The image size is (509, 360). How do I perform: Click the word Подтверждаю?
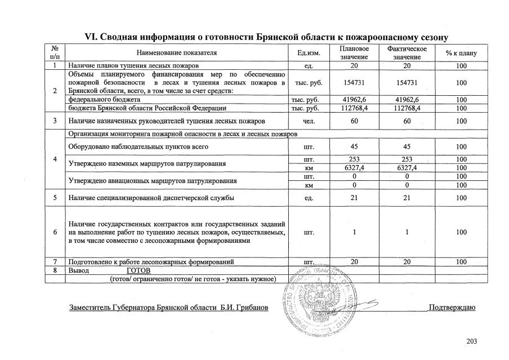[x=452, y=308]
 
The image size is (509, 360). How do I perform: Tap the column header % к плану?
[x=461, y=53]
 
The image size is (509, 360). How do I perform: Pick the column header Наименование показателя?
[x=176, y=53]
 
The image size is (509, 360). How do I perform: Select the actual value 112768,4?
[x=407, y=107]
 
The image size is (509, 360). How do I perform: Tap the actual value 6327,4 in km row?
[x=407, y=167]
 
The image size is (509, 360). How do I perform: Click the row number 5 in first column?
[x=55, y=198]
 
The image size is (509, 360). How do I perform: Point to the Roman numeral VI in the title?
[x=91, y=37]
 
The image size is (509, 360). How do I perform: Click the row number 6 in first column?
[x=55, y=232]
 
